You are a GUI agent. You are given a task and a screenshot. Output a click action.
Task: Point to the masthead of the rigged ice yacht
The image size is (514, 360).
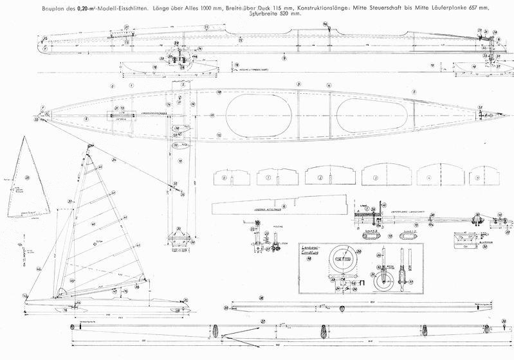coord(86,148)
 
